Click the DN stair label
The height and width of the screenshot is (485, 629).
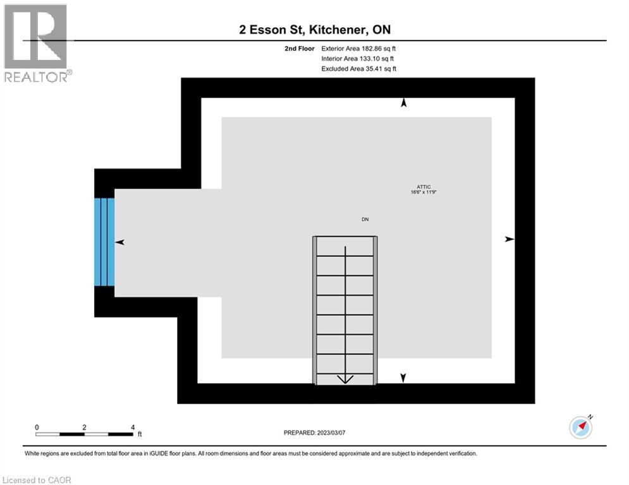[x=365, y=219]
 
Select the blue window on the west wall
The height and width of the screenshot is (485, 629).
[x=104, y=242]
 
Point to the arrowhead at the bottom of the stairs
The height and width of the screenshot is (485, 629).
[x=345, y=379]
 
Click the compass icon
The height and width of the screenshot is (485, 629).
[x=581, y=427]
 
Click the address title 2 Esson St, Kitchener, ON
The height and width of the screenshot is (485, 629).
[x=314, y=30]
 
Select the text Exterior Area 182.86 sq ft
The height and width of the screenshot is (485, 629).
[x=359, y=48]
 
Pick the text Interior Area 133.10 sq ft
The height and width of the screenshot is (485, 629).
[x=358, y=58]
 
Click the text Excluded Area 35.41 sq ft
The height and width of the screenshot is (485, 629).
[x=359, y=68]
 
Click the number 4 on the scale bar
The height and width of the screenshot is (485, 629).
[x=133, y=428]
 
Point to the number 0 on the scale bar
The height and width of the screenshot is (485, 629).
[x=37, y=428]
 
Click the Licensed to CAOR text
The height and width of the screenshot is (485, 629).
[x=37, y=480]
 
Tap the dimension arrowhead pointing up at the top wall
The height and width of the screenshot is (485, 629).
[x=403, y=103]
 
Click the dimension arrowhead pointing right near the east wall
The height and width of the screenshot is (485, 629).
[x=510, y=239]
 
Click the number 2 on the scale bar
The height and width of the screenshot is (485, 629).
[x=85, y=428]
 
